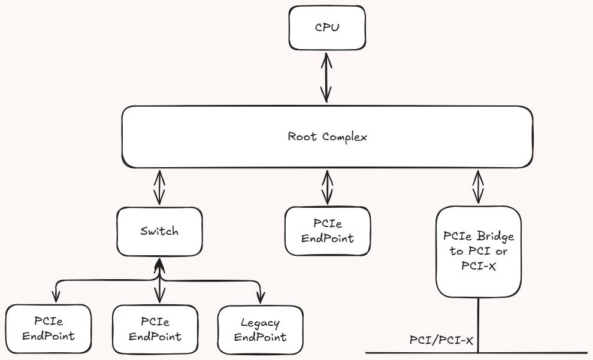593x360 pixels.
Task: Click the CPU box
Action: tap(326, 28)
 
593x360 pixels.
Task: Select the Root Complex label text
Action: tap(327, 137)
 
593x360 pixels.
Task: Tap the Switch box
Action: tap(159, 231)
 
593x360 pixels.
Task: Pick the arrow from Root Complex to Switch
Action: tap(159, 188)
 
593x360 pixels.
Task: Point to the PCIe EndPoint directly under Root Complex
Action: tap(326, 231)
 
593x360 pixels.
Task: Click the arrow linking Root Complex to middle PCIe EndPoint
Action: tap(326, 188)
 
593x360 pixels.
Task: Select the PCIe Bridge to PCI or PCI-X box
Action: tap(478, 252)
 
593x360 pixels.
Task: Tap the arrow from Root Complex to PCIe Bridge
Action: tap(478, 187)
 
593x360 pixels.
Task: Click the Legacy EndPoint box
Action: tap(260, 329)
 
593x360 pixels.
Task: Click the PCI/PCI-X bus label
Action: tap(441, 340)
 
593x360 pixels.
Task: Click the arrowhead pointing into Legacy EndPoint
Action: tap(261, 298)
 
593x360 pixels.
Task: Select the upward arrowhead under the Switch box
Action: tap(159, 263)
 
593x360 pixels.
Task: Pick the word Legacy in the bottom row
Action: tap(260, 323)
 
